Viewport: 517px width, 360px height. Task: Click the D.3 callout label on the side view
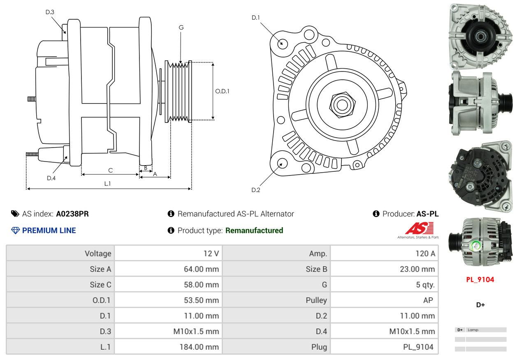pos(50,12)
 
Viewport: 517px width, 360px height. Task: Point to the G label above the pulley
pos(181,28)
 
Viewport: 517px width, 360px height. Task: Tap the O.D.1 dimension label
pos(222,91)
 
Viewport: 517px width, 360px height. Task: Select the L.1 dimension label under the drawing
pos(108,184)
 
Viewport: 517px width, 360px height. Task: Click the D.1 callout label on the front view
pos(256,18)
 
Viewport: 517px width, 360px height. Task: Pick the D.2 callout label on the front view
pos(256,190)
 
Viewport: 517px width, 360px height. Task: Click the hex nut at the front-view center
pos(343,104)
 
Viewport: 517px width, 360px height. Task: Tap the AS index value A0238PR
pos(72,214)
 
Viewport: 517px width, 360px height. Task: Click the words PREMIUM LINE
pos(49,231)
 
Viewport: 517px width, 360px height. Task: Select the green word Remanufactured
pos(254,231)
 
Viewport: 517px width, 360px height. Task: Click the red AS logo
pos(420,228)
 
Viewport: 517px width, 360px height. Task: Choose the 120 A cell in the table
pos(425,254)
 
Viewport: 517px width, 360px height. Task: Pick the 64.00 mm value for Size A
pos(201,269)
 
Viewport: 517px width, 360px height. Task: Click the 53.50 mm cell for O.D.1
pos(201,300)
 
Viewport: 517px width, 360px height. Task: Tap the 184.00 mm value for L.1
pos(199,347)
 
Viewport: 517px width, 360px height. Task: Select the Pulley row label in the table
pos(316,300)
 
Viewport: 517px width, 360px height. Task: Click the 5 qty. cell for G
pos(425,284)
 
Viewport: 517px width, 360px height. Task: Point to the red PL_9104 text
pos(480,279)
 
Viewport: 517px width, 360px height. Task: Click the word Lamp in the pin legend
pos(473,330)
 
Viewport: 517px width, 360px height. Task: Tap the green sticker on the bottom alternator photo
pos(475,246)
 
